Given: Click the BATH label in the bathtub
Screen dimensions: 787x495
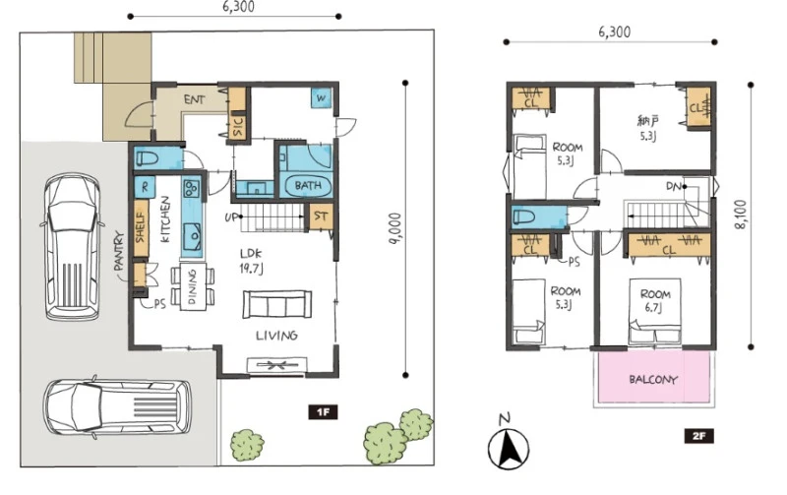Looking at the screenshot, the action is click(x=308, y=185).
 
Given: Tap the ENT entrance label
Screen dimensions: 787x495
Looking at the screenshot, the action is click(x=194, y=99).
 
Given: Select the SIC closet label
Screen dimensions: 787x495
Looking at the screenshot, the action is click(x=238, y=127).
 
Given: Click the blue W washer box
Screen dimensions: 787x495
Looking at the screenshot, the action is click(x=321, y=97).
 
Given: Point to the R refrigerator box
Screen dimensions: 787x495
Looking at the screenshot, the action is click(x=145, y=187).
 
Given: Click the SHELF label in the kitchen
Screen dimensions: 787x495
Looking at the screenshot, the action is click(x=141, y=228).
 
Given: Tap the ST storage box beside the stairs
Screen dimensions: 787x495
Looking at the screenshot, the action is click(x=321, y=217).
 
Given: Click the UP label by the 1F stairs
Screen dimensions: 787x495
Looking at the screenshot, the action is click(x=231, y=217).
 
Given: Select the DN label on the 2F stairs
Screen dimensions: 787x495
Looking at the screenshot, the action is click(x=674, y=186).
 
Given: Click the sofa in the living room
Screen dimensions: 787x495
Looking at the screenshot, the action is click(x=277, y=304).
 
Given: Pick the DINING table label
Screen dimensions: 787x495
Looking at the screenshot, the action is click(x=192, y=286).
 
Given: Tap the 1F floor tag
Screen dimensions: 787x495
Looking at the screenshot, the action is click(x=323, y=412).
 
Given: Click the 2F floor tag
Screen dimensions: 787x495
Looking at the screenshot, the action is click(x=698, y=436).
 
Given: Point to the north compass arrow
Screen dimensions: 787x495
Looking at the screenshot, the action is click(x=511, y=448).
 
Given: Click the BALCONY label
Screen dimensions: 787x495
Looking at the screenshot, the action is click(x=653, y=380).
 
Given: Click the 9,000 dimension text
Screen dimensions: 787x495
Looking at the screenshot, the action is click(x=396, y=229).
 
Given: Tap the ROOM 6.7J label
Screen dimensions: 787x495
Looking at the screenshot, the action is click(x=655, y=301).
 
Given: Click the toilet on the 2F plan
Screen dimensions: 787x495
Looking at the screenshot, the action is click(x=525, y=217).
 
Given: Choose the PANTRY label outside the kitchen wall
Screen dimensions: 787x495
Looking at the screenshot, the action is click(x=119, y=251).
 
